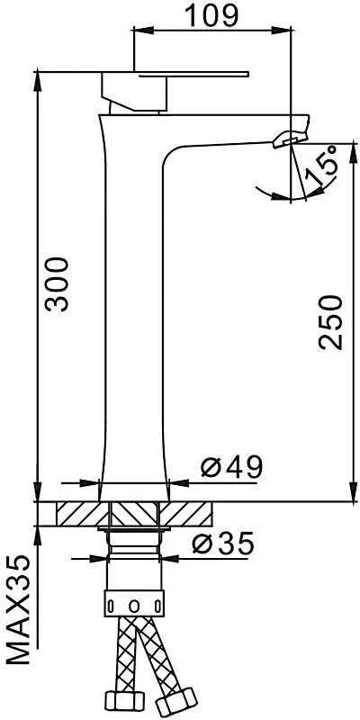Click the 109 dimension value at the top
point(212,15)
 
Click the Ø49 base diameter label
point(231,467)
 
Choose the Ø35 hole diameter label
point(222,544)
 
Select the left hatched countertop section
point(82,514)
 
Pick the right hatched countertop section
point(186,514)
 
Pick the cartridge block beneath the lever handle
point(135,93)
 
